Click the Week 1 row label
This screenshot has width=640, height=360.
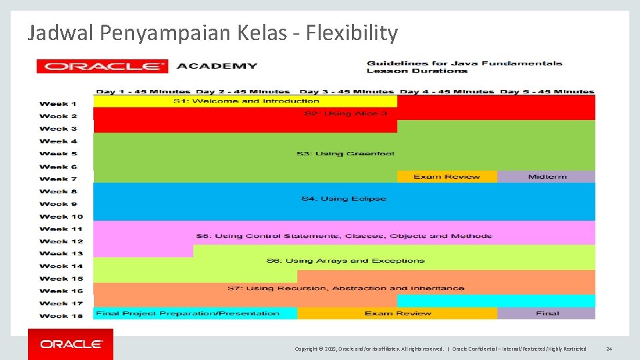(x=58, y=104)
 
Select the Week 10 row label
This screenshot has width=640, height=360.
(x=61, y=217)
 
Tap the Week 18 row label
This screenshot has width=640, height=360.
(x=61, y=316)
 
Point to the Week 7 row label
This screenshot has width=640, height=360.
(x=58, y=179)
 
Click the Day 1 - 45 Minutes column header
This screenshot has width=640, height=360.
(x=143, y=92)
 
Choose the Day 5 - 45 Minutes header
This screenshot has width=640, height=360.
(x=547, y=92)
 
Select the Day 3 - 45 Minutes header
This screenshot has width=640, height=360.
(x=347, y=92)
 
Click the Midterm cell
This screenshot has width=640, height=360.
(x=547, y=177)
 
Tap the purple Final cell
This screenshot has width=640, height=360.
(x=547, y=313)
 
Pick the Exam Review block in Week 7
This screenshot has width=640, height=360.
(x=447, y=177)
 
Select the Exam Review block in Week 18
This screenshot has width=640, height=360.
(x=397, y=313)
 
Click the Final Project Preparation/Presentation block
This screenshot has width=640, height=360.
(x=188, y=313)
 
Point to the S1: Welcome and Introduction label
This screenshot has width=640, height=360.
(x=246, y=101)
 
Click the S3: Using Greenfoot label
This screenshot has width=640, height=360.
(x=345, y=154)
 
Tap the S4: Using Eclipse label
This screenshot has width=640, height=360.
(x=343, y=199)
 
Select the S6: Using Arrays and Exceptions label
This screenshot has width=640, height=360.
(x=345, y=261)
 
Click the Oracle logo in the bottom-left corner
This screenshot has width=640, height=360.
(x=71, y=344)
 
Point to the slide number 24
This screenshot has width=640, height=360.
(x=609, y=349)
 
